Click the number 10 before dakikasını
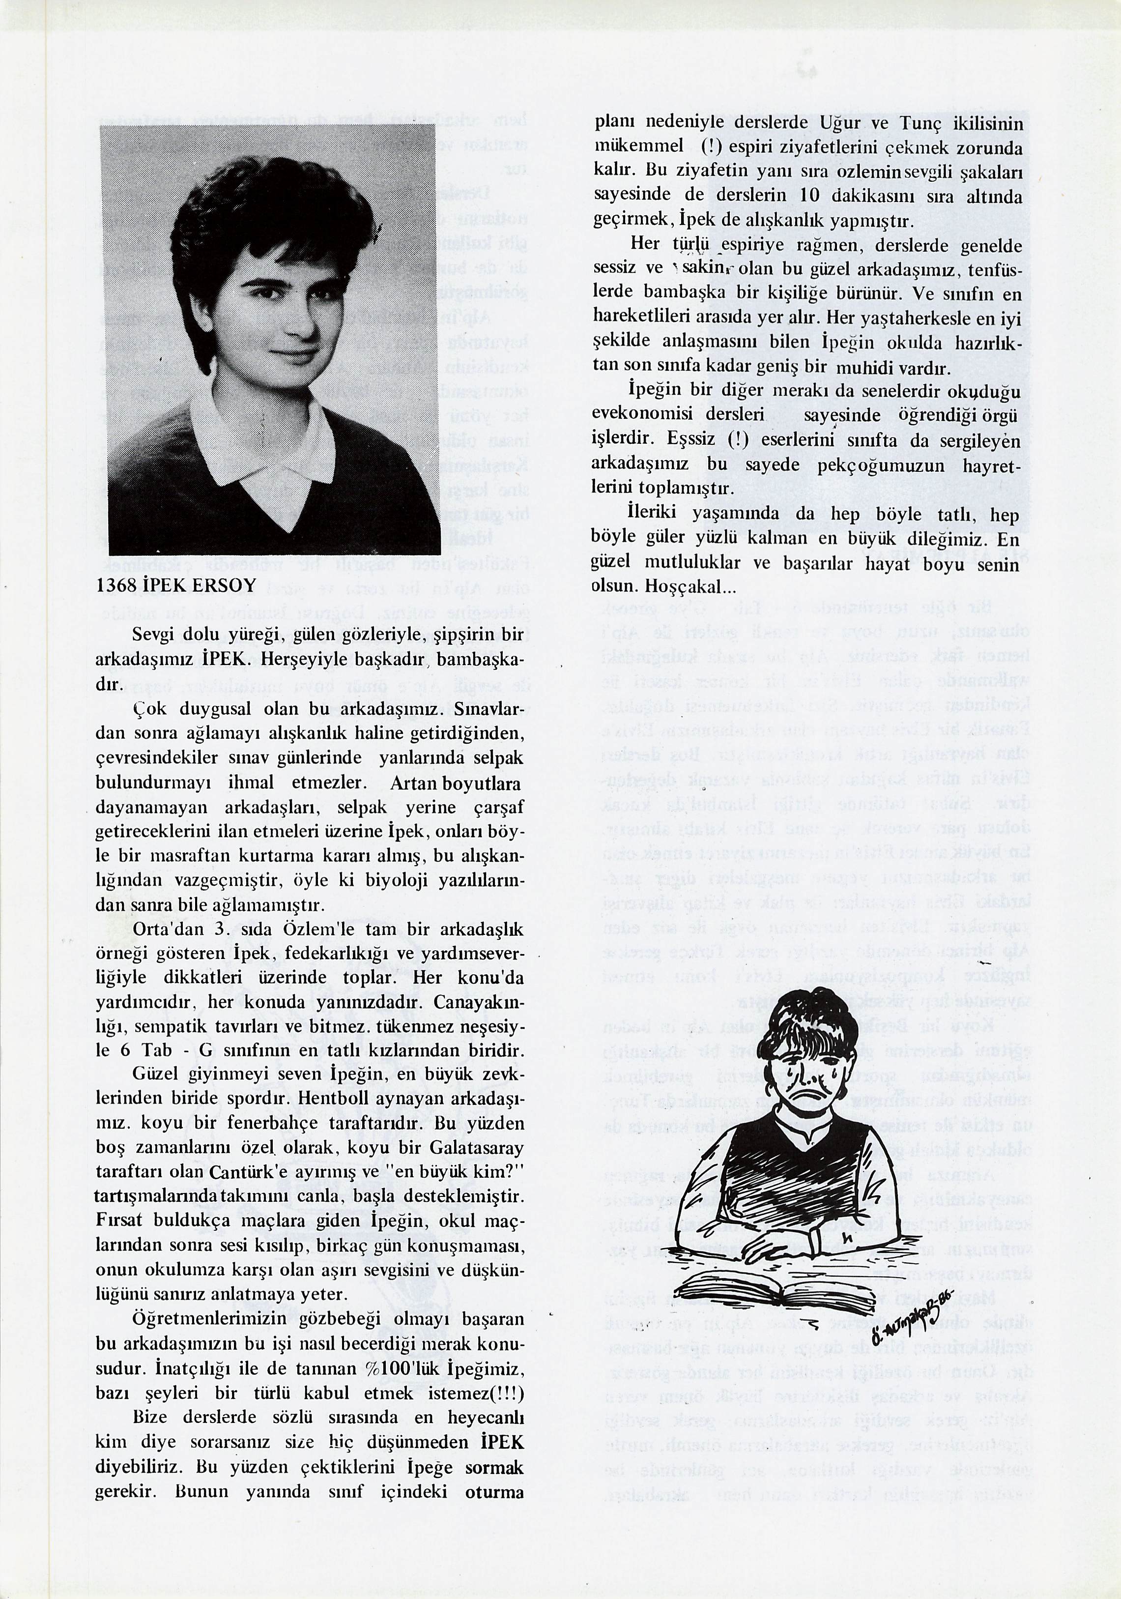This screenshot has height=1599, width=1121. click(x=810, y=197)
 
